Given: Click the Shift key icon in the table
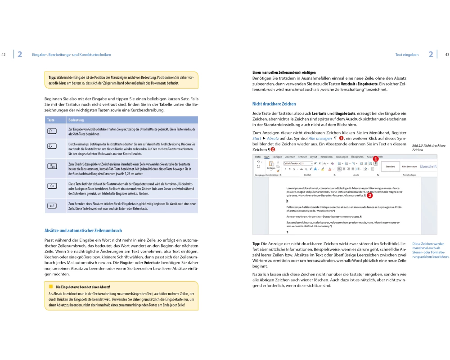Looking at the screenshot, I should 51,131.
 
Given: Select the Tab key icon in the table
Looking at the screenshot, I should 51,166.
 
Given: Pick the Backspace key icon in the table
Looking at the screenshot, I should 51,186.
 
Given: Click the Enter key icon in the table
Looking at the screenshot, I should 51,206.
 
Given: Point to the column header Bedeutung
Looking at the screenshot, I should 76,120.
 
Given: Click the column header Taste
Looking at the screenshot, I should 51,120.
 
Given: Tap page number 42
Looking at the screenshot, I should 4,55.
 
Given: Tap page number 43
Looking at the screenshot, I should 447,55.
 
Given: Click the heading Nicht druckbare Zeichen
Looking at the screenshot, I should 274,104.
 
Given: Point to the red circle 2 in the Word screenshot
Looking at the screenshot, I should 370,196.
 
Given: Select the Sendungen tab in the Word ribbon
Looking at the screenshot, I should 342,157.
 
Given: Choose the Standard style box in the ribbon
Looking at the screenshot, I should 391,166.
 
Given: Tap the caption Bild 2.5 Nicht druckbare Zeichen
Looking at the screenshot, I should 428,148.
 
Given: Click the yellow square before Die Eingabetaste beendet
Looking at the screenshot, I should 51,286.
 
